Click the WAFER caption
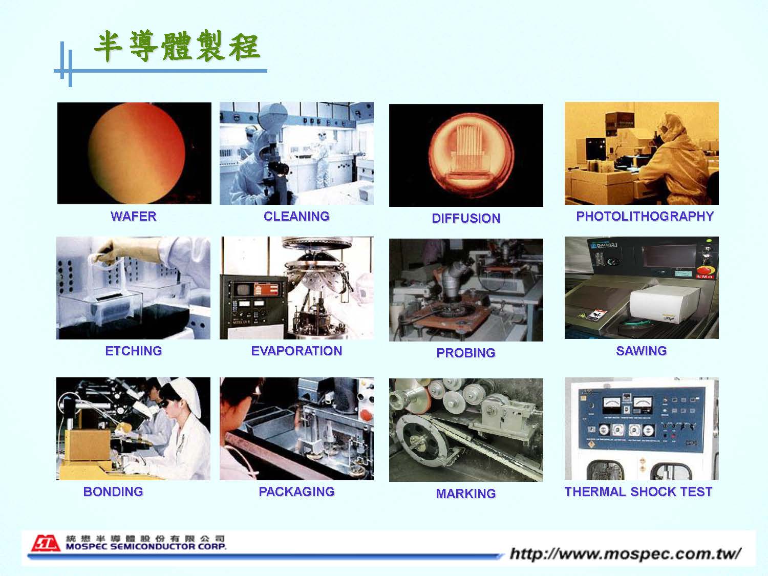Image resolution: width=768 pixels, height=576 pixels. click(133, 216)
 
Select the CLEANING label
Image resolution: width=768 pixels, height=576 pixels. click(296, 216)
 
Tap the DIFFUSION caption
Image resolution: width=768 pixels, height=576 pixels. click(466, 218)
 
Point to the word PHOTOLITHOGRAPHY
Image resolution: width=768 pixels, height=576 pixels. click(645, 216)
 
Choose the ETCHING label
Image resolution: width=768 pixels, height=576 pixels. click(133, 351)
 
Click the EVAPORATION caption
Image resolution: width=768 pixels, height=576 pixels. click(296, 351)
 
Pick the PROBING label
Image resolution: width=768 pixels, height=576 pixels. click(466, 353)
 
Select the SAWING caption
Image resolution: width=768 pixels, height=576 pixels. click(642, 351)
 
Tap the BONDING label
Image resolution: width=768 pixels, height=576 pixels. click(113, 492)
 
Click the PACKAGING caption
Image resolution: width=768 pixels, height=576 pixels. click(296, 492)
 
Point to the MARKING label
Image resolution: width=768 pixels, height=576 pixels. click(466, 494)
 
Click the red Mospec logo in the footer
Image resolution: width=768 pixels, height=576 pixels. click(46, 543)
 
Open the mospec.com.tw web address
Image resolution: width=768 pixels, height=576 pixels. click(625, 553)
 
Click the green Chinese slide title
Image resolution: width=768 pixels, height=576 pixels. click(177, 46)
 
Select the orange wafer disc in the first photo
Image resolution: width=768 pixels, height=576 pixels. click(137, 153)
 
